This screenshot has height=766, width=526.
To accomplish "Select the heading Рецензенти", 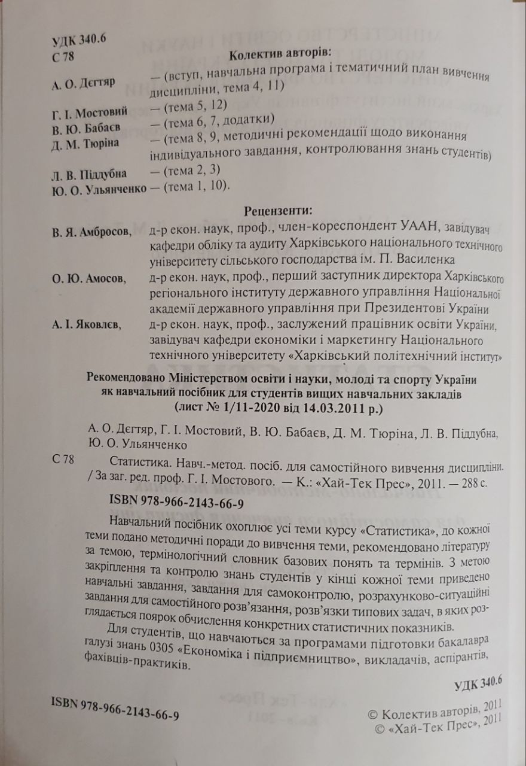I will (x=279, y=210).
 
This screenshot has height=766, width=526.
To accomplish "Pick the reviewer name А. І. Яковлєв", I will (x=85, y=325).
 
